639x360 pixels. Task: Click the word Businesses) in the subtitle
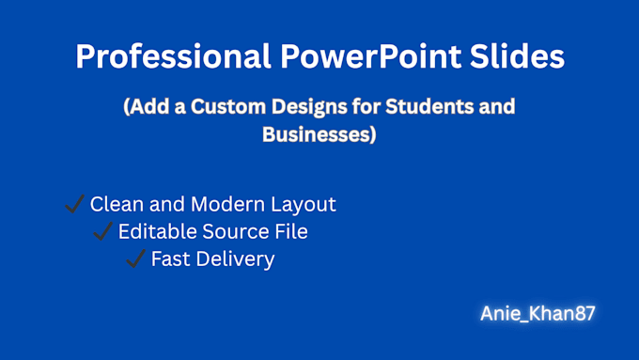click(x=319, y=135)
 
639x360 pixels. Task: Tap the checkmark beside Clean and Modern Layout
click(x=74, y=204)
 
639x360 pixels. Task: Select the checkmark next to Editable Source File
click(x=103, y=231)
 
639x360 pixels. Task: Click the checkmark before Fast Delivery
click(x=135, y=258)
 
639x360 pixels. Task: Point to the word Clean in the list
click(x=114, y=204)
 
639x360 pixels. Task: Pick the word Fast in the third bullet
click(x=170, y=258)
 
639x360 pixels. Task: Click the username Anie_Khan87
click(x=536, y=314)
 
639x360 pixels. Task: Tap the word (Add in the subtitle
click(x=145, y=106)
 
